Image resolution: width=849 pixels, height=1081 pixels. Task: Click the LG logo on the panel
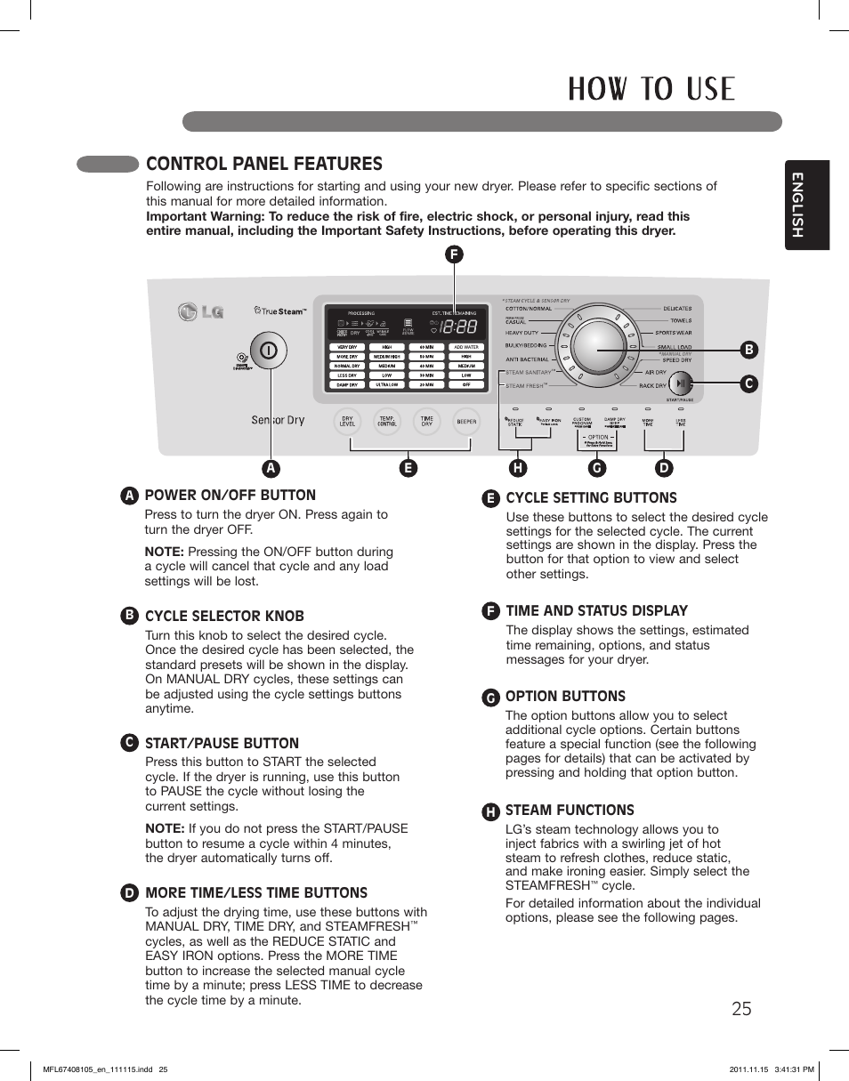(200, 312)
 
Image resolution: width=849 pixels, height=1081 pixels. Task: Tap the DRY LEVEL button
(347, 421)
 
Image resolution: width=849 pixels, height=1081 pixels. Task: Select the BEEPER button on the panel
(466, 421)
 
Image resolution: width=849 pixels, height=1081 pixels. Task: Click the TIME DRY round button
(427, 421)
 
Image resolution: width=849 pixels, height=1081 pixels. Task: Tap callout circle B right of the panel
(749, 351)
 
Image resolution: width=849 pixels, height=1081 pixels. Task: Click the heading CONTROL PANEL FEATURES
(263, 164)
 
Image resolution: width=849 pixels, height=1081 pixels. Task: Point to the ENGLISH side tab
(806, 205)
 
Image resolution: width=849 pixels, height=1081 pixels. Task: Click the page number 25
(741, 1008)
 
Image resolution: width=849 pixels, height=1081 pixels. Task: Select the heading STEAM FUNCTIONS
(570, 810)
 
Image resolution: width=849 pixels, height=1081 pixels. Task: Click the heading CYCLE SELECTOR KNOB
(224, 616)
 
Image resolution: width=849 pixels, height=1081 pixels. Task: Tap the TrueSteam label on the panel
(279, 311)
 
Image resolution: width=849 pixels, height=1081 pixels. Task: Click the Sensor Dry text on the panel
(278, 420)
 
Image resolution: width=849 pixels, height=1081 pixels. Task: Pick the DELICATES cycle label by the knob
(677, 309)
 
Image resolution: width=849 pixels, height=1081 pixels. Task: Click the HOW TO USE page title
(652, 89)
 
